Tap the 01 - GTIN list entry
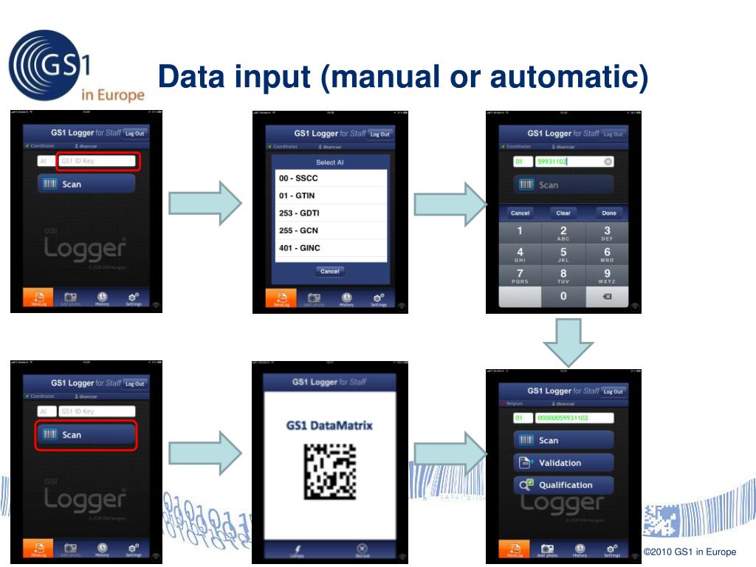[330, 196]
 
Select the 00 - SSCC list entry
[330, 179]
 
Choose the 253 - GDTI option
[330, 213]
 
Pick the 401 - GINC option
[330, 248]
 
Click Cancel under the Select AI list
[330, 271]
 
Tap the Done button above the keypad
[608, 213]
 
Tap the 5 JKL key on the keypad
[563, 255]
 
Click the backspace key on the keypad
[607, 296]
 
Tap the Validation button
[563, 463]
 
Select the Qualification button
[563, 485]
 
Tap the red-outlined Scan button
[86, 435]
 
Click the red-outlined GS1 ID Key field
[97, 161]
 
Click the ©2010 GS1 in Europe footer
[690, 552]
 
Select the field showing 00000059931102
[574, 418]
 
